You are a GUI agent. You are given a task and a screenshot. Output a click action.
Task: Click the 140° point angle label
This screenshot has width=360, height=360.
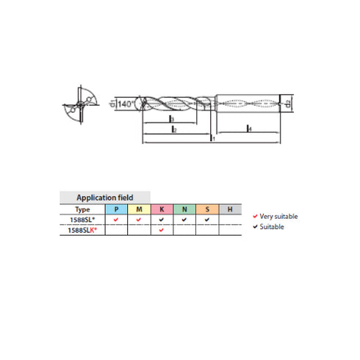click(x=126, y=104)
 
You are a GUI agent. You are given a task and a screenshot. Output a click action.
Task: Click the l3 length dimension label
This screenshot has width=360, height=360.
click(x=170, y=118)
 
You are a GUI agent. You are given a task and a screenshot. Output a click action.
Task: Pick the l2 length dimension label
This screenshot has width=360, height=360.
click(x=173, y=129)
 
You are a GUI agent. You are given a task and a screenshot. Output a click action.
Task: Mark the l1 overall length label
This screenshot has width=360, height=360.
click(x=212, y=137)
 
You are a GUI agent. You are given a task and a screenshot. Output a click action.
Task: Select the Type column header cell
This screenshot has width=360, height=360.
click(x=81, y=209)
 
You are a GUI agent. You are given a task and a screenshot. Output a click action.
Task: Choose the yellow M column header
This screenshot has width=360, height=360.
click(x=138, y=209)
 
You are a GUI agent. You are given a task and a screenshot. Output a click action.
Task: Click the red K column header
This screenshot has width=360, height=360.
click(x=161, y=209)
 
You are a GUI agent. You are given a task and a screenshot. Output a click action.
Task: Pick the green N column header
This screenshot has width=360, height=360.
click(x=184, y=209)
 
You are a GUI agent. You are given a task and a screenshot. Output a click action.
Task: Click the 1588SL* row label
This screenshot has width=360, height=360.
click(x=81, y=220)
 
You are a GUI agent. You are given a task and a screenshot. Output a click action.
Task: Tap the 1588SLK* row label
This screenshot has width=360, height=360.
click(x=81, y=230)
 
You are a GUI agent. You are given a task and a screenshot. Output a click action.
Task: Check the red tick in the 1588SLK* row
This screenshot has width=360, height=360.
click(x=161, y=231)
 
